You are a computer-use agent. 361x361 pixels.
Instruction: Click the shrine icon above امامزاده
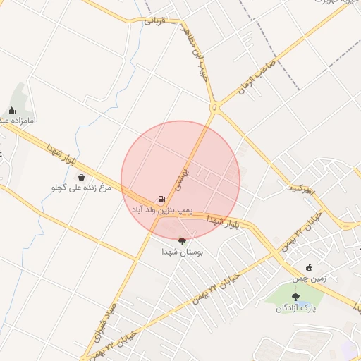tap(11, 110)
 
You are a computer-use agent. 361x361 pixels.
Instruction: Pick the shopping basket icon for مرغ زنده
tap(82, 176)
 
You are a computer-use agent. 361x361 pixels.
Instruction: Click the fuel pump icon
tap(162, 200)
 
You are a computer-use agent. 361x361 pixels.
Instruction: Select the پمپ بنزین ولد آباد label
tap(161, 211)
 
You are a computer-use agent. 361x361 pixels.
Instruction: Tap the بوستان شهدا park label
tap(182, 251)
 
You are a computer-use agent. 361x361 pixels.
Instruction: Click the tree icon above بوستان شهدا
tap(183, 240)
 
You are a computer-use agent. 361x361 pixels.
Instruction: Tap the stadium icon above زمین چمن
tap(310, 267)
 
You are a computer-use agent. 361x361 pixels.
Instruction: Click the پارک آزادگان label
tap(295, 308)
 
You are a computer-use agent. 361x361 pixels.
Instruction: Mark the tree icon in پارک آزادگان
tap(295, 297)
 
